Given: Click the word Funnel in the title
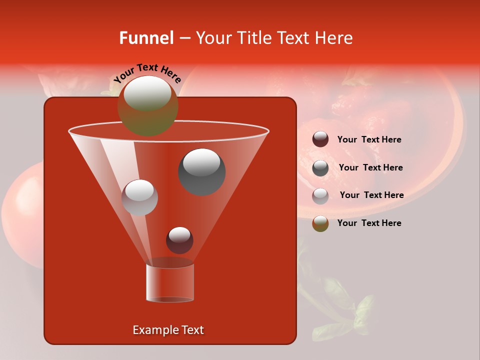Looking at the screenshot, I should (146, 38).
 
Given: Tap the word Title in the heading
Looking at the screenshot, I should (252, 38).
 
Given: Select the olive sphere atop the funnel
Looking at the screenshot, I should (147, 105).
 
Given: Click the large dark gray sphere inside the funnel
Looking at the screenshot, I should (201, 171).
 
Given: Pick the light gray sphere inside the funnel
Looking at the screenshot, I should (139, 197).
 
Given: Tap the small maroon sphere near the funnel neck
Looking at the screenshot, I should (179, 240).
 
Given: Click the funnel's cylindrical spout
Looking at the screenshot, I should (170, 282).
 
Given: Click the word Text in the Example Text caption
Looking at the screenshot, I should (192, 330).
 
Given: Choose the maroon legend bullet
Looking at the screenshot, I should (320, 139).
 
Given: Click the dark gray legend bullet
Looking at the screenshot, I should (320, 167).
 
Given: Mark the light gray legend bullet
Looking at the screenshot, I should (320, 195).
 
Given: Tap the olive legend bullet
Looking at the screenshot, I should (320, 223).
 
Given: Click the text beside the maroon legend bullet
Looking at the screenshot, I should (369, 140).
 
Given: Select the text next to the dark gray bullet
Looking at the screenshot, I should (370, 168).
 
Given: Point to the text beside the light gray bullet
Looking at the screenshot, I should (371, 195).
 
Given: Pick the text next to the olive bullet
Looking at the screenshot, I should (369, 223).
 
